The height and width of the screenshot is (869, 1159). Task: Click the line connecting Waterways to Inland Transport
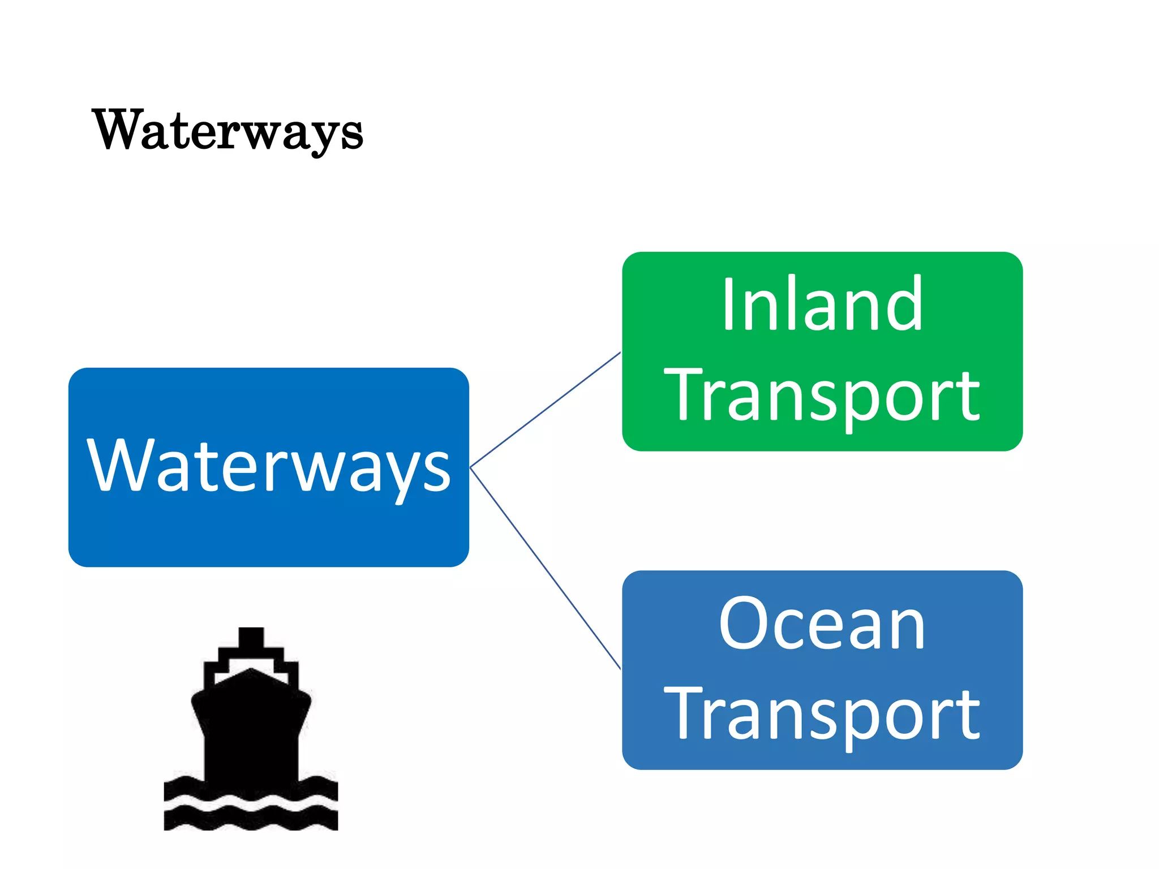click(546, 410)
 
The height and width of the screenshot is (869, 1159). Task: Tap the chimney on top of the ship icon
click(251, 638)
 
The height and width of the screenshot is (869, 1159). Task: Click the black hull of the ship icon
click(251, 730)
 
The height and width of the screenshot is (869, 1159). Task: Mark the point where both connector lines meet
click(471, 467)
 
